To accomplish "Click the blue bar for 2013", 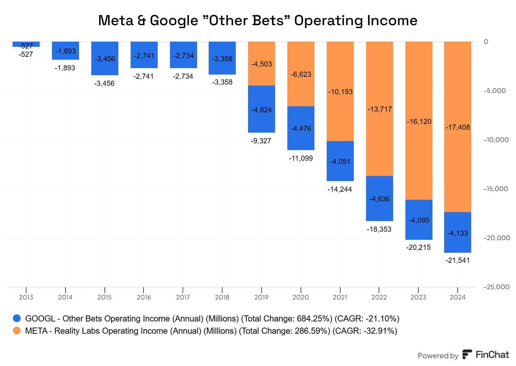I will (x=26, y=44).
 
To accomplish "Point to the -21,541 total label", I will (x=457, y=260).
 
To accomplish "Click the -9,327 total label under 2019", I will (x=261, y=141).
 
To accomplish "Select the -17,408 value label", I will (x=457, y=127).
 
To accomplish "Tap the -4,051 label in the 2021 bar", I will (x=340, y=161).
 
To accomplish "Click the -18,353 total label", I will (x=379, y=229).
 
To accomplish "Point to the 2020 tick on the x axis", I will (x=301, y=297).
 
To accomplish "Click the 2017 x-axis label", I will (x=183, y=297).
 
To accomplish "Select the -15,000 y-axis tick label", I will (x=496, y=189).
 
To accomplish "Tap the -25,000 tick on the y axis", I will (x=496, y=287).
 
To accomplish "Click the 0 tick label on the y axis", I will (x=486, y=42).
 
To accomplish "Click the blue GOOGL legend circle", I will (x=17, y=319).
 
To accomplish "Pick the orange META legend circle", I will (x=17, y=331).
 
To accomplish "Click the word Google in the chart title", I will (x=174, y=21).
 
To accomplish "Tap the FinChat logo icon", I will (x=467, y=354).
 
